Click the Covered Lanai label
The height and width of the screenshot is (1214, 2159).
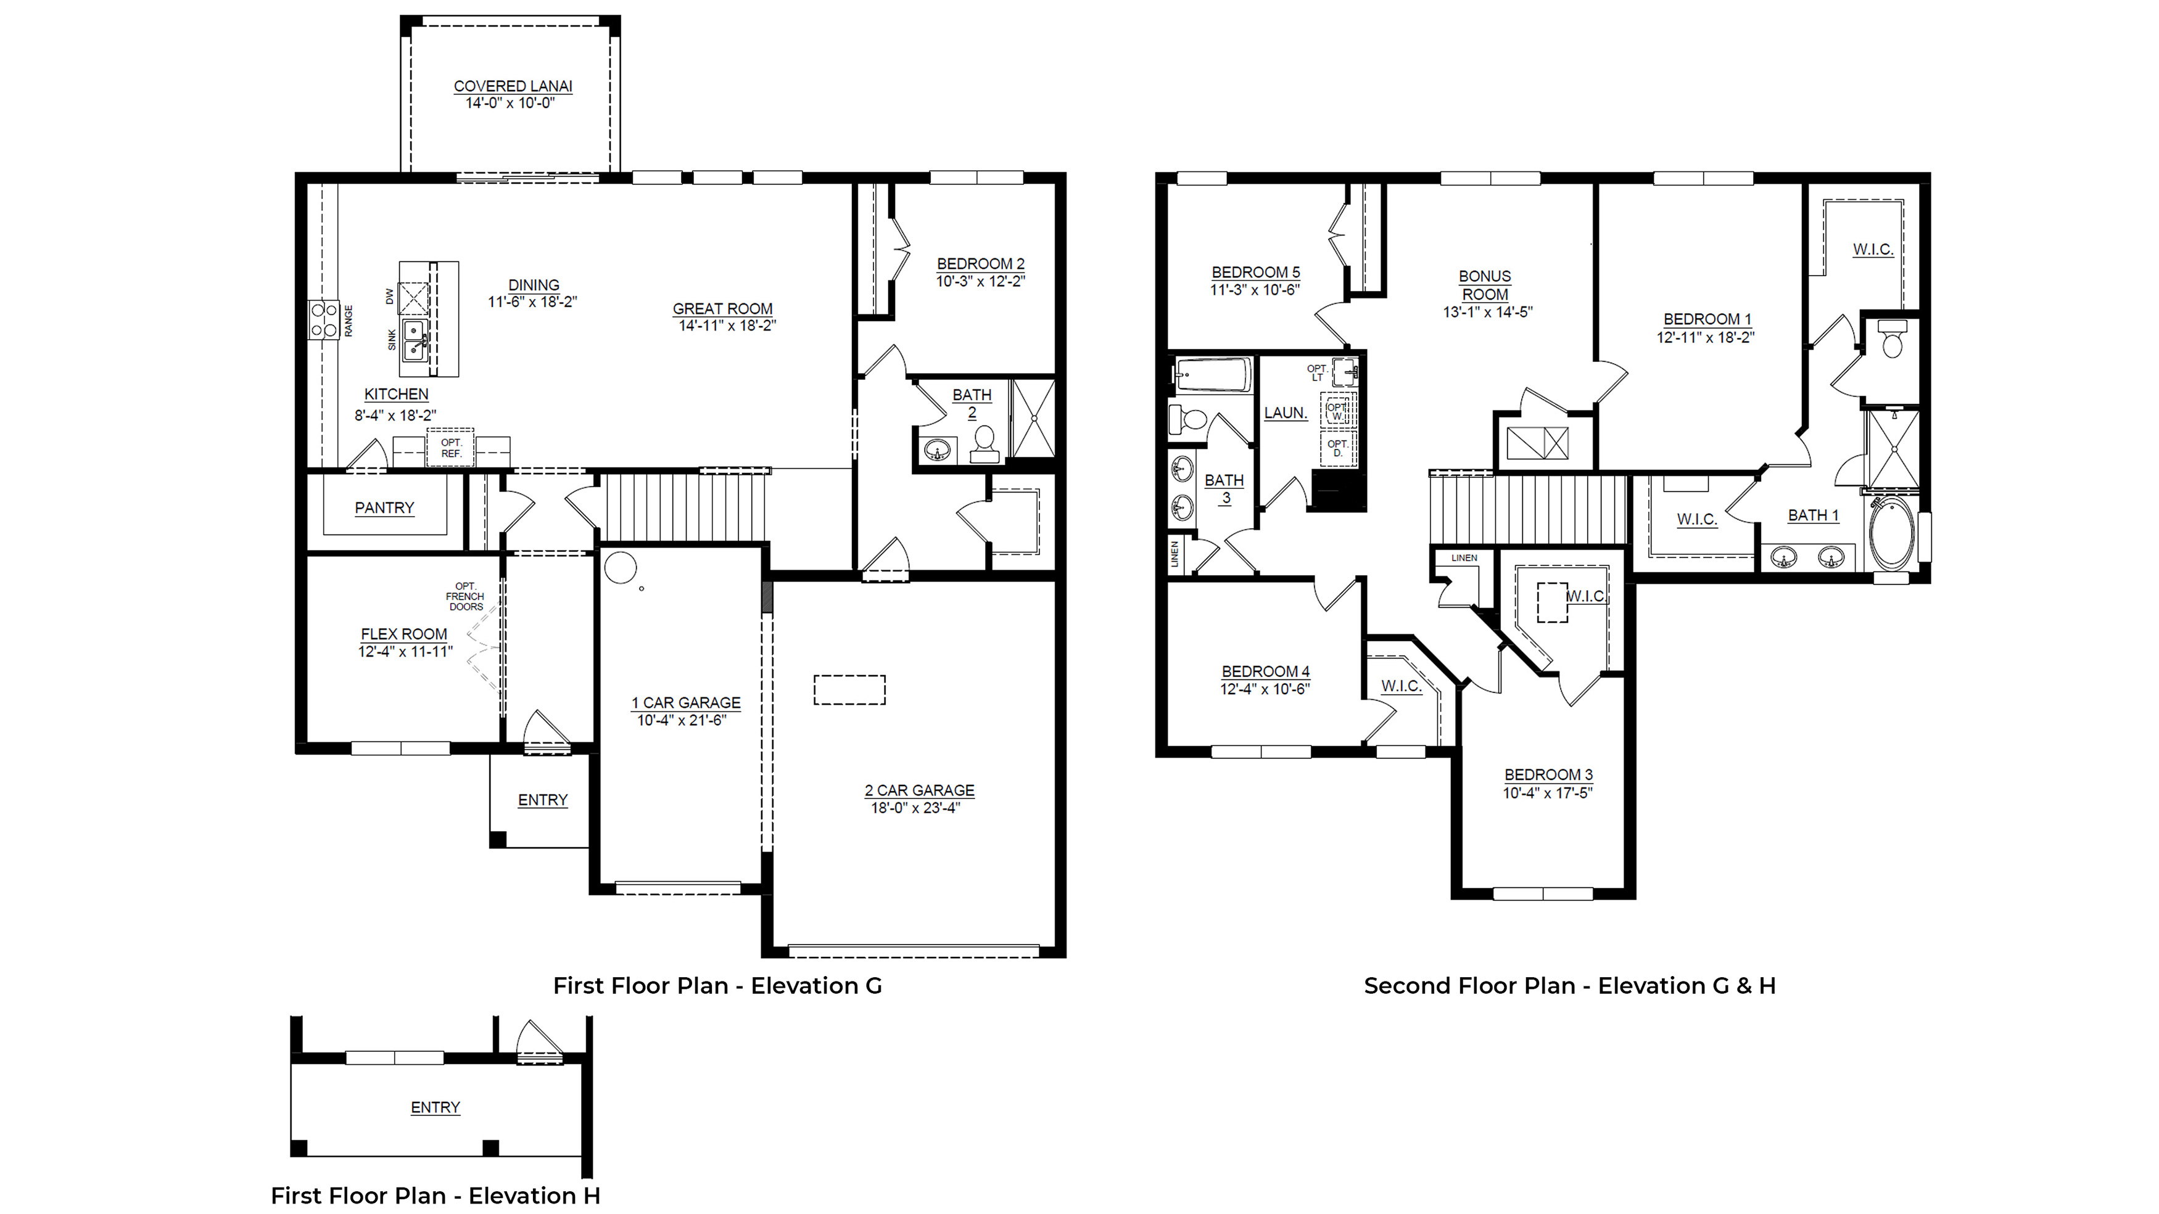(x=513, y=86)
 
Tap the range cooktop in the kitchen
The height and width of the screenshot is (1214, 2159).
(x=323, y=320)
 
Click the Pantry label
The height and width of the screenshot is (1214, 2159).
(x=385, y=507)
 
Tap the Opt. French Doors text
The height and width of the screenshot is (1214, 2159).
(x=465, y=597)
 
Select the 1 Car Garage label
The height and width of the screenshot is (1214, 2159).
(x=687, y=703)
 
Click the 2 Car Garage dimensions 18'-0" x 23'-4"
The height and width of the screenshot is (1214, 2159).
(x=915, y=808)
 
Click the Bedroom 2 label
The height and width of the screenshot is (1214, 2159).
(x=981, y=264)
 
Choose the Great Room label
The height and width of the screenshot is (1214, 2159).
(x=722, y=309)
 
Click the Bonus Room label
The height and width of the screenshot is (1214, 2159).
(x=1485, y=285)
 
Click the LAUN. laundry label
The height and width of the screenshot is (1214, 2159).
(x=1286, y=413)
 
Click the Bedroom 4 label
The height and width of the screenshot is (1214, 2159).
(x=1266, y=672)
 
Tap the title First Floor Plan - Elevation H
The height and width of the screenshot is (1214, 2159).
(x=436, y=1196)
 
